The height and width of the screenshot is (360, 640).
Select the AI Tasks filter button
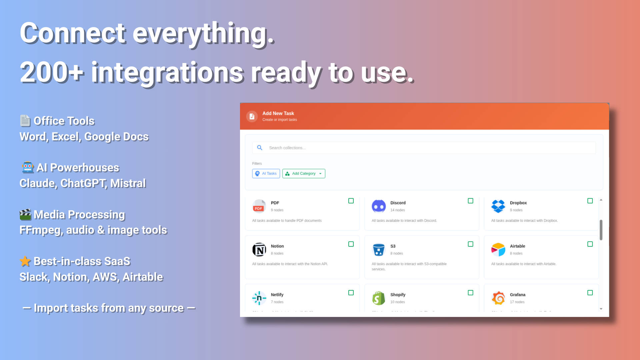[x=266, y=173]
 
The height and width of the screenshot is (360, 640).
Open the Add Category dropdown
[x=304, y=173]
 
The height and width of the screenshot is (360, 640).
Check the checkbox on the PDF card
[x=351, y=201]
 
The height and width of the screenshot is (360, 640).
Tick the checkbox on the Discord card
[x=470, y=201]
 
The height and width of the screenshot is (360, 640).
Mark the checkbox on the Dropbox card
[x=590, y=201]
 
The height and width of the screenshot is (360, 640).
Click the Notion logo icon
[x=259, y=249]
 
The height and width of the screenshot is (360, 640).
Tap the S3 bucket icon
[x=379, y=249]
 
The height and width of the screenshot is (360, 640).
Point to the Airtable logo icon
[x=498, y=249]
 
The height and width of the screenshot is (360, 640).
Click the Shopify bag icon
[x=379, y=298]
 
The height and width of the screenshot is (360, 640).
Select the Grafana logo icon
[x=498, y=298]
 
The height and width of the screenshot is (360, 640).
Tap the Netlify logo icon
[x=259, y=298]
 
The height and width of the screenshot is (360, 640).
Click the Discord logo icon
[x=379, y=206]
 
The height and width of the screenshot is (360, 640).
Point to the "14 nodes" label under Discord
[x=398, y=210]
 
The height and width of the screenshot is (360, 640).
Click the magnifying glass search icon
[x=260, y=148]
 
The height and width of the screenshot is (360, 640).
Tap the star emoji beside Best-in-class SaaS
[x=25, y=261]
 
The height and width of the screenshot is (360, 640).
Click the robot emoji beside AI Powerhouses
[x=28, y=167]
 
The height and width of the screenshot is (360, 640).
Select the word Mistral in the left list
[x=128, y=183]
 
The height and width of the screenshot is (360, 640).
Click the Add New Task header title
[x=278, y=113]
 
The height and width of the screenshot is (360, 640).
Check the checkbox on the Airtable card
[x=590, y=244]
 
